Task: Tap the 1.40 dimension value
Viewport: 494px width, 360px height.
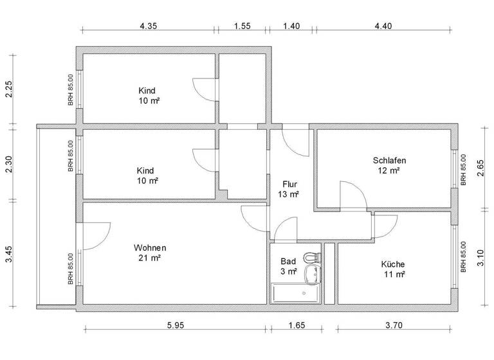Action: [x=291, y=26]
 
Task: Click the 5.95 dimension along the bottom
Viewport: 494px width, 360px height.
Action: [x=176, y=325]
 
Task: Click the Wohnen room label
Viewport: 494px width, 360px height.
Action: [x=150, y=248]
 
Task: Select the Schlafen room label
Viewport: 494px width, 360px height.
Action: [x=389, y=160]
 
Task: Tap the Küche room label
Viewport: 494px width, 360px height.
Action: [x=392, y=264]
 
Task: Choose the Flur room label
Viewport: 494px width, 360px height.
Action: [x=289, y=183]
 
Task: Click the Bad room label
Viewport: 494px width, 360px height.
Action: [x=288, y=261]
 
